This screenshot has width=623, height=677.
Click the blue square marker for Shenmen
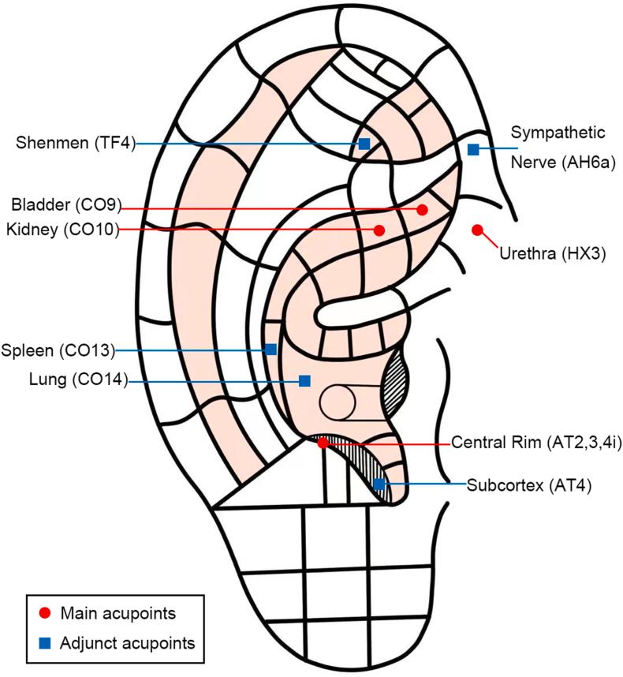[364, 144]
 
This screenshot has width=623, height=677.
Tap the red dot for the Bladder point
[422, 209]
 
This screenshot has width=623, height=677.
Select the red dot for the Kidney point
[379, 230]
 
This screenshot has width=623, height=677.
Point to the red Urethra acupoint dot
[476, 230]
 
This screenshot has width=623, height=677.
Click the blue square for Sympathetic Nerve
[473, 149]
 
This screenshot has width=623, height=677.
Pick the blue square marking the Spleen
[270, 349]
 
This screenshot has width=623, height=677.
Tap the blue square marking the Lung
[304, 380]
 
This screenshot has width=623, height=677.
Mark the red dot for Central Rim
[323, 443]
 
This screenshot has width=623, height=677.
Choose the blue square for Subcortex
[379, 484]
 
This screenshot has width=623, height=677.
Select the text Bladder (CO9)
[65, 207]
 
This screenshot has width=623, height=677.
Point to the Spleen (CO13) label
[58, 350]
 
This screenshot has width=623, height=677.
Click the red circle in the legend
[46, 613]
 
